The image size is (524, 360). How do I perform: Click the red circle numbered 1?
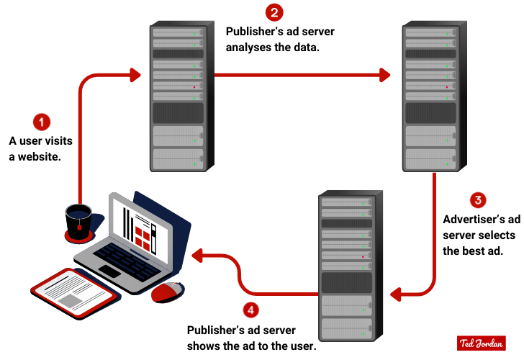(42, 121)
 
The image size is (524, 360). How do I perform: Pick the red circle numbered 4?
(250, 311)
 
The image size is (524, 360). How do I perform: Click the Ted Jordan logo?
(480, 343)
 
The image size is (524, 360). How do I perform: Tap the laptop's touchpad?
(110, 271)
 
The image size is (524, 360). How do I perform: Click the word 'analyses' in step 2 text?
(249, 48)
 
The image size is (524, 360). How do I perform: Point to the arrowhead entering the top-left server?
(135, 73)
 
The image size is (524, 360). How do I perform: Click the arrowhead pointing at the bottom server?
(395, 294)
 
